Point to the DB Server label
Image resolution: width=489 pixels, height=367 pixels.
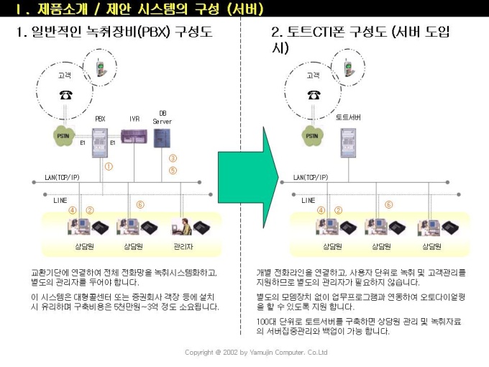click(x=162, y=117)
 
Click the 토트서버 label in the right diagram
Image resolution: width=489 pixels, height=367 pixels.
click(x=349, y=117)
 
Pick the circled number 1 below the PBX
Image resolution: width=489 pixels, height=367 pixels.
click(x=109, y=166)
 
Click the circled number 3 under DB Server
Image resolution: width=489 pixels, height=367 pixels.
click(x=173, y=158)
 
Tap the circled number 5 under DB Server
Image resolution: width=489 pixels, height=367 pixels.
click(x=173, y=171)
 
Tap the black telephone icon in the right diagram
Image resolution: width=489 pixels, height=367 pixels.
click(x=314, y=94)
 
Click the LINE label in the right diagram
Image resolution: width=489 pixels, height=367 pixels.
click(x=309, y=199)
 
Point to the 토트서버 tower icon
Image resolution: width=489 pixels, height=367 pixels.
click(x=348, y=138)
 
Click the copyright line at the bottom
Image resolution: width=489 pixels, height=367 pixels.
click(x=256, y=353)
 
